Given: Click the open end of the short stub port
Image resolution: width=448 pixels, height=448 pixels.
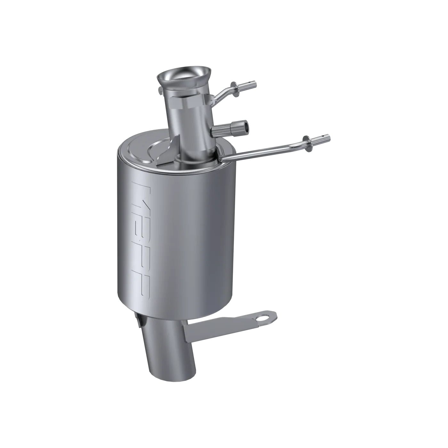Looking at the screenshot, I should click(x=244, y=125).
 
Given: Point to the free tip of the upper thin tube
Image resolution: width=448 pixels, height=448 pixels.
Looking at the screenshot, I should click(x=255, y=83).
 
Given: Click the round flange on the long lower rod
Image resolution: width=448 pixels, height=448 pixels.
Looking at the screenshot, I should click(x=308, y=140).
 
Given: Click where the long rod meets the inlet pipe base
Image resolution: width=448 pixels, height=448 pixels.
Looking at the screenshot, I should click(x=221, y=158).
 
